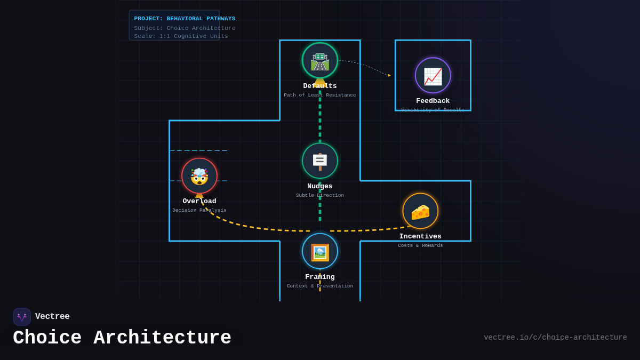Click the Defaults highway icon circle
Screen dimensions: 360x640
(x=320, y=60)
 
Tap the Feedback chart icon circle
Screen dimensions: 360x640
(x=433, y=75)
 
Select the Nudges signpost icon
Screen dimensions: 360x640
(x=320, y=161)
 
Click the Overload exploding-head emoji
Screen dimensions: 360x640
(x=199, y=175)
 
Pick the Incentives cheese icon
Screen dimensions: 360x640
(x=420, y=211)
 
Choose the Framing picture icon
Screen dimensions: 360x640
(x=320, y=251)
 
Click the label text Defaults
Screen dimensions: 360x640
(x=320, y=86)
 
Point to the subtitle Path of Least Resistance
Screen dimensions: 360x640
(x=320, y=95)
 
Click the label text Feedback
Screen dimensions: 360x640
(x=433, y=101)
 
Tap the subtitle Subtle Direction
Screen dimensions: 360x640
(x=320, y=196)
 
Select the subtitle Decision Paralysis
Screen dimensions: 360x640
(x=199, y=211)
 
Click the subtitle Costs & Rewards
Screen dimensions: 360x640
(x=420, y=246)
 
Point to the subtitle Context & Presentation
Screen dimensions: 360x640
(x=320, y=286)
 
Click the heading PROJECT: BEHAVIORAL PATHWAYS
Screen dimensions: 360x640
(x=185, y=19)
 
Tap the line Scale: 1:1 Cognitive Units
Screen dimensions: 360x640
(x=181, y=36)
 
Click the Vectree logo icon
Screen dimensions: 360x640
(x=22, y=317)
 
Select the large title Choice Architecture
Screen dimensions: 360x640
(x=122, y=338)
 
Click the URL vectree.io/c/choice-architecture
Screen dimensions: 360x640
(x=555, y=338)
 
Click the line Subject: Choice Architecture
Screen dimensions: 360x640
(x=185, y=28)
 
